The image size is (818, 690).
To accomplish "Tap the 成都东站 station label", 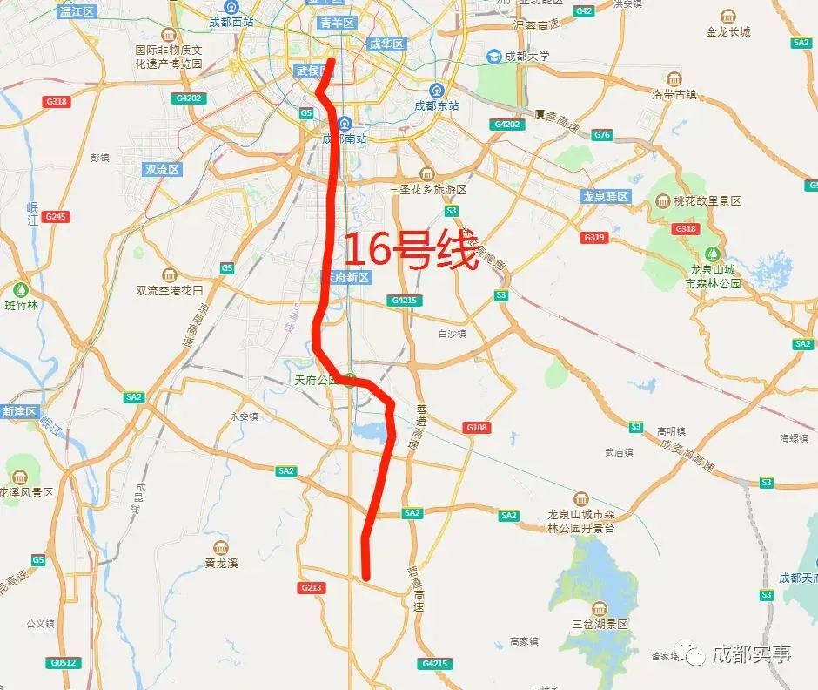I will (x=437, y=105).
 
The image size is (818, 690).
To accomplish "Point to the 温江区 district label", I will (x=77, y=11).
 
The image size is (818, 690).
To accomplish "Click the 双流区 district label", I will (x=163, y=170).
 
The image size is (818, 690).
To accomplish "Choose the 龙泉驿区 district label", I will (x=606, y=197).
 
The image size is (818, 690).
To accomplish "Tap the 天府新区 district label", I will (x=347, y=278).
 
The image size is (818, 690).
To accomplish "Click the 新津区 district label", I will (x=19, y=411).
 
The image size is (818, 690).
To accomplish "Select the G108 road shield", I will (x=477, y=427).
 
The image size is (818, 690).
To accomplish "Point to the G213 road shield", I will (x=312, y=588).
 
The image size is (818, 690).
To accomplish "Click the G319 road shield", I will (x=595, y=237).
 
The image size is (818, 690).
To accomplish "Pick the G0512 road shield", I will (x=64, y=662).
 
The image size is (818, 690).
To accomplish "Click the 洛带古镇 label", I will (x=674, y=93).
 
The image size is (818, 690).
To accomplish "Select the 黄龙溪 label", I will (x=221, y=562).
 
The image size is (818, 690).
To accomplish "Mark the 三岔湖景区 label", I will (x=600, y=624).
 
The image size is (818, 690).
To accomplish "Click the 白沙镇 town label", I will (x=453, y=334).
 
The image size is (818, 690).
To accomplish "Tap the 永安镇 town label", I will (x=244, y=416).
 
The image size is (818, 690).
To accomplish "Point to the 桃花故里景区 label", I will (x=707, y=200).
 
